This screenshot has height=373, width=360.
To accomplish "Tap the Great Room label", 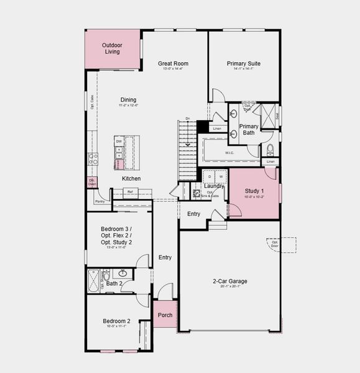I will point(173,63).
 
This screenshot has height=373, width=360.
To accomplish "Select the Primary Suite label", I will point(243,63).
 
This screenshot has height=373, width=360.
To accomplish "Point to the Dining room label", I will point(128,99).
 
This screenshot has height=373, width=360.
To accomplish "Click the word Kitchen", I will point(131,178).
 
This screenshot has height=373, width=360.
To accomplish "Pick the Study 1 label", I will point(254,191).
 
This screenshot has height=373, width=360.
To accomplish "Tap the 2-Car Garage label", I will point(229,281).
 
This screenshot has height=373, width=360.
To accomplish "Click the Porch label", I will point(165,315).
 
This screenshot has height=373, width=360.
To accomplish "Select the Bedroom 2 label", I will point(117,321).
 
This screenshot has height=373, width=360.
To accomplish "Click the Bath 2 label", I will point(113,284).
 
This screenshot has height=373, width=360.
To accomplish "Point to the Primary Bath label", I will point(249,129).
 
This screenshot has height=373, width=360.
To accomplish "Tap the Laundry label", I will point(213,186).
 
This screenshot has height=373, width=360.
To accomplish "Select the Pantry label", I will point(99,201).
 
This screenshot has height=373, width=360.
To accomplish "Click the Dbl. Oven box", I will point(92,182).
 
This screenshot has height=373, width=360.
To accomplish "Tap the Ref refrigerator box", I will point(131,192).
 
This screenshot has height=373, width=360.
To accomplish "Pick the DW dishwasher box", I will point(118,142).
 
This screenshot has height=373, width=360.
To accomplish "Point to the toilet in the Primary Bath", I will point(270,150).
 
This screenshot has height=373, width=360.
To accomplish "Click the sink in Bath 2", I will point(122,273).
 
